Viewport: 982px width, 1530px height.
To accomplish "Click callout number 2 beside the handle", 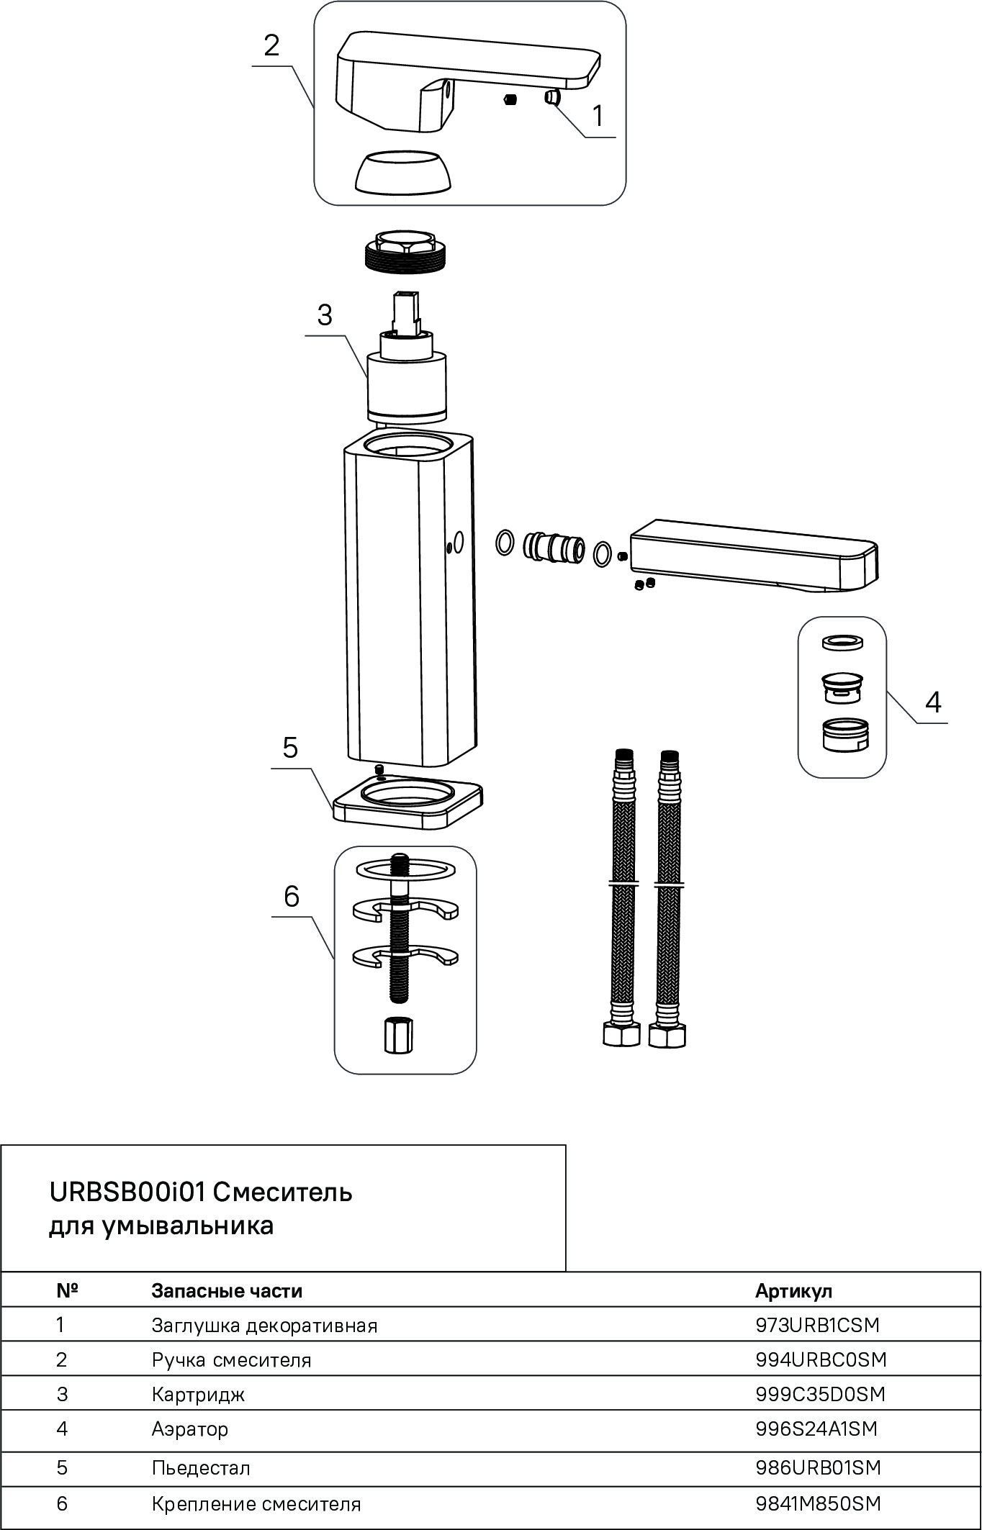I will [271, 46].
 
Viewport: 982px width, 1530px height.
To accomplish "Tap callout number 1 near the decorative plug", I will [598, 116].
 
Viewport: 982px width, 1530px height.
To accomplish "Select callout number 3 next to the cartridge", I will [325, 315].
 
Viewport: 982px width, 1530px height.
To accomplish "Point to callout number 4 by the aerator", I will [933, 702].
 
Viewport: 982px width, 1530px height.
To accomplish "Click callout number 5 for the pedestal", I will [290, 748].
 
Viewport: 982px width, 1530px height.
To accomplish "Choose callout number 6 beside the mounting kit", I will [292, 897].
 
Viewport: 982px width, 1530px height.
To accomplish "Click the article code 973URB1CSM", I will [818, 1325].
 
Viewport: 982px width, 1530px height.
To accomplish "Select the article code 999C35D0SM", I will [820, 1394].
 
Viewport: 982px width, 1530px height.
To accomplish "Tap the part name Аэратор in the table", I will [190, 1429].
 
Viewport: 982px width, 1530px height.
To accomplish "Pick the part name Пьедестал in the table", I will [201, 1467].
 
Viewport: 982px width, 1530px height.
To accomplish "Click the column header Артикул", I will [793, 1291].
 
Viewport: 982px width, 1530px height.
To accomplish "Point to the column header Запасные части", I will [227, 1291].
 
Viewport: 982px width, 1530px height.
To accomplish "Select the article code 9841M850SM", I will [819, 1503].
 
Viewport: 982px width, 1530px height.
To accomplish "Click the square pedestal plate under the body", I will [407, 805].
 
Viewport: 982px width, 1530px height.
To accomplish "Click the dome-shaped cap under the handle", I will [405, 173].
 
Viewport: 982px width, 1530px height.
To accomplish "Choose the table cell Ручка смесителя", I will [232, 1360].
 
